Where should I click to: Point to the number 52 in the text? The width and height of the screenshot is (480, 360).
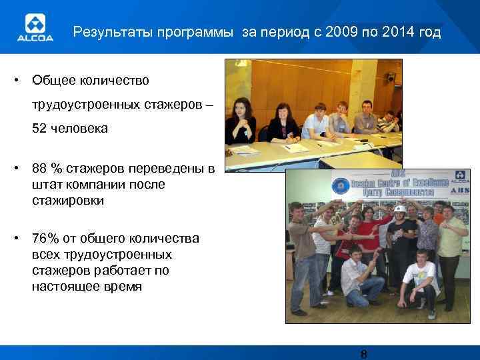40,128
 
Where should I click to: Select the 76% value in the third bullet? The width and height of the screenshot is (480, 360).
44,239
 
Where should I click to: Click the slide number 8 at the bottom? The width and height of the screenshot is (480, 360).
363,354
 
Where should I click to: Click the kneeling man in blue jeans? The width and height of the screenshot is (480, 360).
357,273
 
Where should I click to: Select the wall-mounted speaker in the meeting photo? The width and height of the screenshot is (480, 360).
391,77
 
